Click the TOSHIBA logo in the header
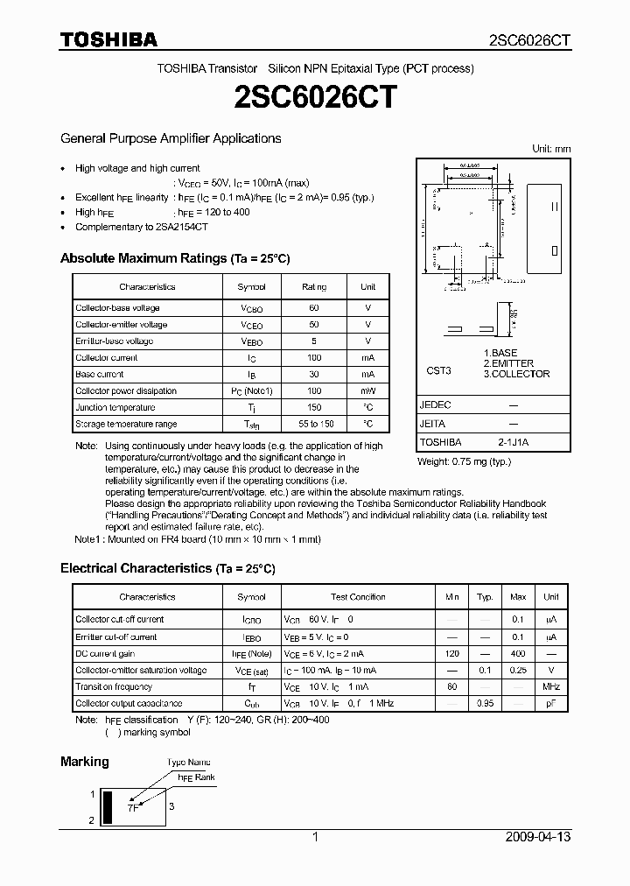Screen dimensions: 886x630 pyautogui.click(x=108, y=39)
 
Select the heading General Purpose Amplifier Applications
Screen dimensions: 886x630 pyautogui.click(x=171, y=138)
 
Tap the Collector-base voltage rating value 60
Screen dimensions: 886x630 pyautogui.click(x=314, y=308)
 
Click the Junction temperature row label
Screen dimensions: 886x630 pyautogui.click(x=115, y=408)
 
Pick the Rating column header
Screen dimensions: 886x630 pyautogui.click(x=314, y=287)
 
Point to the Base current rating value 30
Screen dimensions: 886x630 pyautogui.click(x=314, y=375)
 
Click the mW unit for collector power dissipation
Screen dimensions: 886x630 pyautogui.click(x=367, y=391)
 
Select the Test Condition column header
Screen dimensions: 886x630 pyautogui.click(x=358, y=597)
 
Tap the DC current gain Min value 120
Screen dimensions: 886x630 pyautogui.click(x=451, y=654)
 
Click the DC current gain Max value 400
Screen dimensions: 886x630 pyautogui.click(x=518, y=654)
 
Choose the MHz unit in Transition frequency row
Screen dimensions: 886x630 pyautogui.click(x=551, y=687)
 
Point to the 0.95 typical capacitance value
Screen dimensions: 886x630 pyautogui.click(x=485, y=704)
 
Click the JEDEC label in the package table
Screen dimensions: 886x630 pyautogui.click(x=435, y=406)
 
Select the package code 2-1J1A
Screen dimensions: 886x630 pyautogui.click(x=513, y=443)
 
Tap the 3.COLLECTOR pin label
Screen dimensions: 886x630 pyautogui.click(x=516, y=374)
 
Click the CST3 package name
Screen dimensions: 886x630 pyautogui.click(x=438, y=371)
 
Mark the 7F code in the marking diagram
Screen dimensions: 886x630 pyautogui.click(x=132, y=808)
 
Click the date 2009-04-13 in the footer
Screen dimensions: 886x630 pyautogui.click(x=538, y=837)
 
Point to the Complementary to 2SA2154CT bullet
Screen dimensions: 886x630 pyautogui.click(x=142, y=227)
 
